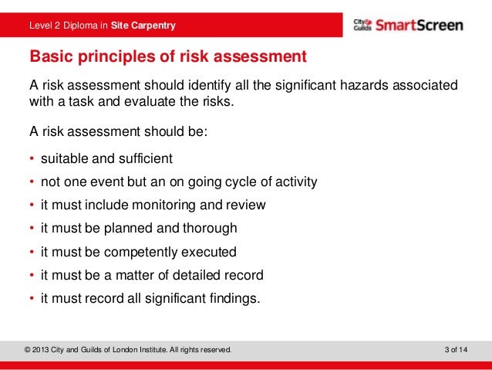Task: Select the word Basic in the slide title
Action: tap(50, 57)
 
